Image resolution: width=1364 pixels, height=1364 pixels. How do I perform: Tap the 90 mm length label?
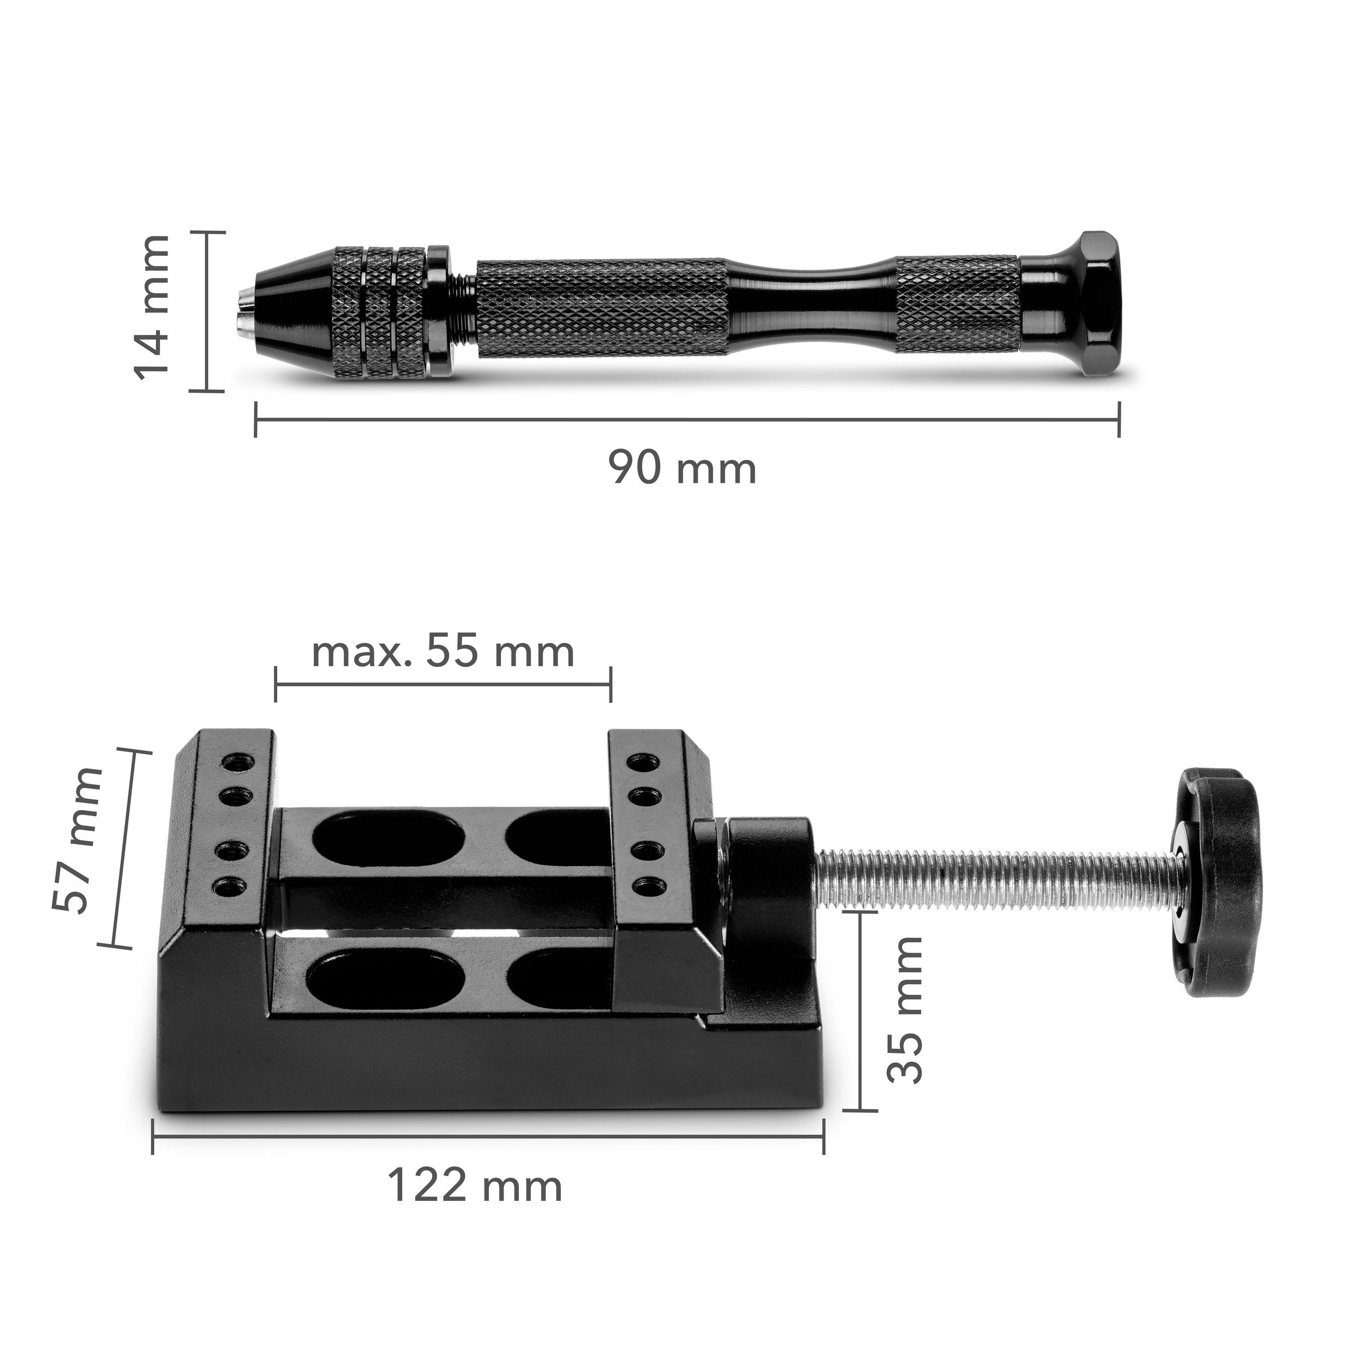click(x=683, y=468)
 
